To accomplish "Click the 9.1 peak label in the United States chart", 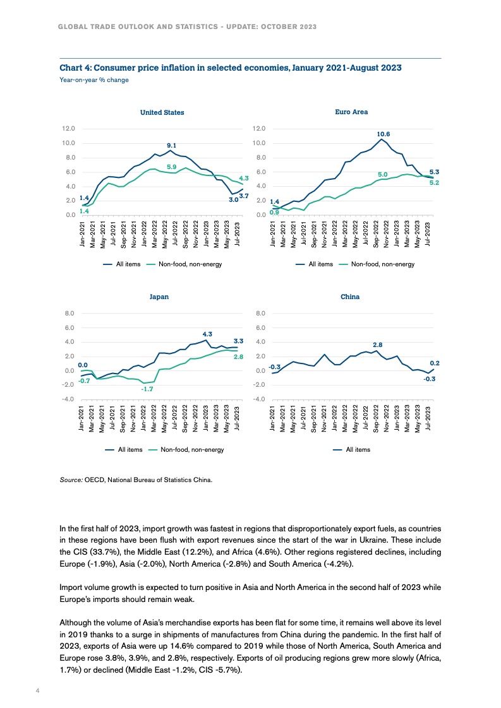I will pyautogui.click(x=171, y=145).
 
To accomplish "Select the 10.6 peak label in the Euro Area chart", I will pyautogui.click(x=383, y=134).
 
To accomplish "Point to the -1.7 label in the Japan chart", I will pyautogui.click(x=147, y=389).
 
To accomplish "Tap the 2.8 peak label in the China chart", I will pyautogui.click(x=377, y=345).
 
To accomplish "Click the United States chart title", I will pyautogui.click(x=162, y=112).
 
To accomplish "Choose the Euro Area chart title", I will pyautogui.click(x=351, y=112).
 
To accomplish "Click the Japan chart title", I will pyautogui.click(x=159, y=297).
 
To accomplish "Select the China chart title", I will pyautogui.click(x=350, y=297).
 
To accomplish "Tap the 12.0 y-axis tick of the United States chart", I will pyautogui.click(x=69, y=128).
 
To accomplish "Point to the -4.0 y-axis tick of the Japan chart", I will pyautogui.click(x=68, y=399).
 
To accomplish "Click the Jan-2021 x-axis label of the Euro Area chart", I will pyautogui.click(x=273, y=235).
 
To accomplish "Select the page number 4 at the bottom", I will pyautogui.click(x=37, y=690).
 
